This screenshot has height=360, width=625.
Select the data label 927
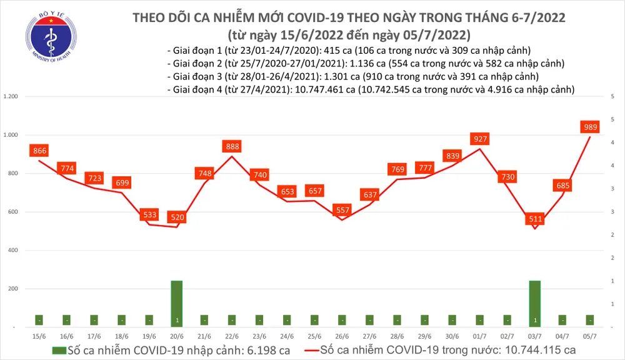point(481,139)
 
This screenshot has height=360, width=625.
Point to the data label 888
point(232,146)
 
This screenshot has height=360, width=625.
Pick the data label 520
point(177,217)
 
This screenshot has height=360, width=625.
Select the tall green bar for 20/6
point(177,303)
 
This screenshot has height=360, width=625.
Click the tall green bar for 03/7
point(536,303)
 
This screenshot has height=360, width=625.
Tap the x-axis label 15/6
point(39,336)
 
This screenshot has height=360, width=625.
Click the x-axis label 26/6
point(342,336)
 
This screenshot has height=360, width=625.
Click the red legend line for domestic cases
point(331,351)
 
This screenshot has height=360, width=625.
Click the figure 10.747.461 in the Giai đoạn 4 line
point(320,90)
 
